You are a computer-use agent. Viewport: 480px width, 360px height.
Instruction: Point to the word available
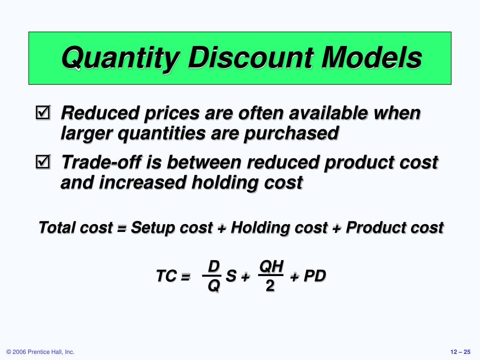[327, 113]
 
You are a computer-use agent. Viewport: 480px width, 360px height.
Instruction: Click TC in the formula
[166, 277]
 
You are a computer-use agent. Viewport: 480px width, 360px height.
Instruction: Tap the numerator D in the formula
[214, 267]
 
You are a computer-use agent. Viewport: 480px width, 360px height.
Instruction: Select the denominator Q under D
[213, 285]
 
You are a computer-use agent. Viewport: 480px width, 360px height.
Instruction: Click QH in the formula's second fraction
[271, 267]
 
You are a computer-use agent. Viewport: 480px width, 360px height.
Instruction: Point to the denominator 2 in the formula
[270, 285]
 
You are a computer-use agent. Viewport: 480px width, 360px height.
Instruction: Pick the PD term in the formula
[314, 276]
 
